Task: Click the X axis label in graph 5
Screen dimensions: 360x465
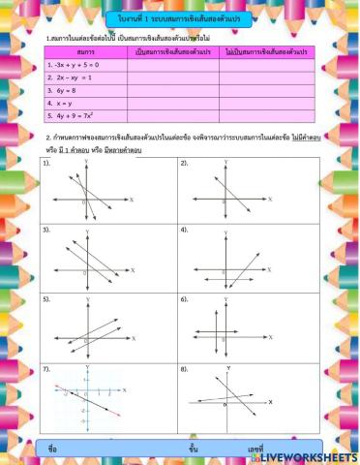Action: click(134, 337)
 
